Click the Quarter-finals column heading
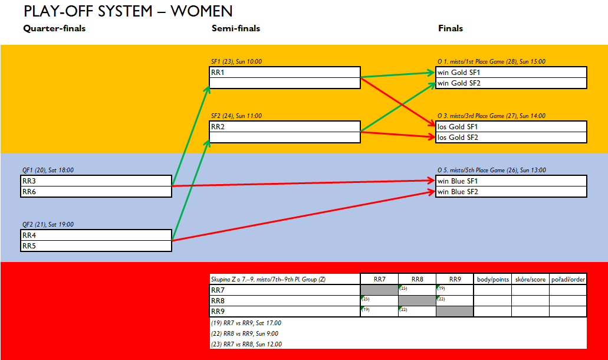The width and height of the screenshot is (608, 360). [54, 28]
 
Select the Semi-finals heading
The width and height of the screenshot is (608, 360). [236, 28]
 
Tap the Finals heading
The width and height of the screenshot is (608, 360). [451, 28]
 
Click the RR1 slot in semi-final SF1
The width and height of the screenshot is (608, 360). [285, 73]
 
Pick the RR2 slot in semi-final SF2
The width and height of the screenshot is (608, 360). [285, 127]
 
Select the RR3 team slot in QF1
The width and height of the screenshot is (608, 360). [96, 181]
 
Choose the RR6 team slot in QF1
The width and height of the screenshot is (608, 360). [96, 192]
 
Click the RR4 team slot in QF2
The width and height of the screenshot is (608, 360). [96, 235]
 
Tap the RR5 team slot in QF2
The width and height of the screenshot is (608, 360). [96, 246]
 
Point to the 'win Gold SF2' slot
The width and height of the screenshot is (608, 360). [511, 83]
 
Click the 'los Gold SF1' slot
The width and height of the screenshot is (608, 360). [511, 127]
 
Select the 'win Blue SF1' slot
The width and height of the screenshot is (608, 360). [511, 181]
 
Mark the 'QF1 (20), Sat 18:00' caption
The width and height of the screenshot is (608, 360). [48, 171]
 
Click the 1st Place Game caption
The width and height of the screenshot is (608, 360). [492, 62]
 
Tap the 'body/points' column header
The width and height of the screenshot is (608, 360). [493, 279]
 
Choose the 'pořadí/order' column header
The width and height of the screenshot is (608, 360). [568, 279]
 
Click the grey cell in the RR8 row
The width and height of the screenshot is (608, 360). [417, 300]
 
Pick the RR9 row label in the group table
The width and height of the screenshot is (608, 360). [218, 312]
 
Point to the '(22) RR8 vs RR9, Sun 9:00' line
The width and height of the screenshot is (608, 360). [245, 333]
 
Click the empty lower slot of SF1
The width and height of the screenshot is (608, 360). [285, 83]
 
